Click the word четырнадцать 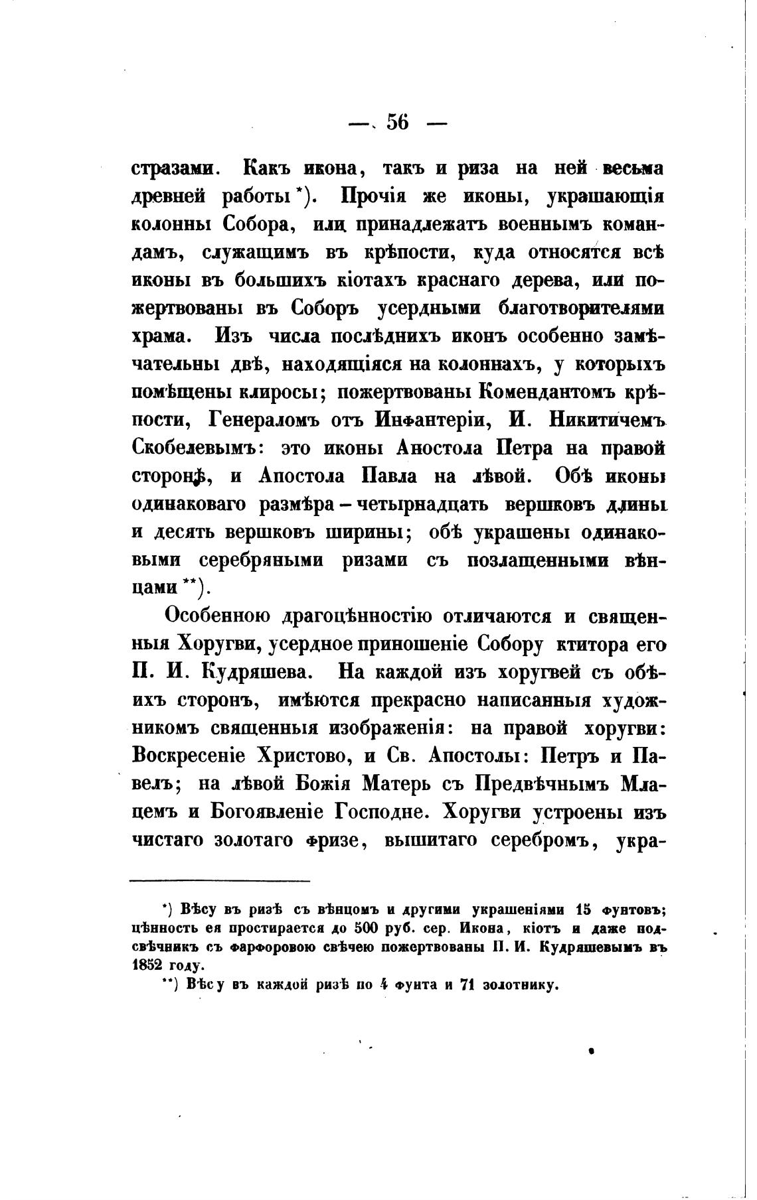coord(424,504)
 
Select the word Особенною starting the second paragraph coord(217,616)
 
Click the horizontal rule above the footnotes coord(220,881)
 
